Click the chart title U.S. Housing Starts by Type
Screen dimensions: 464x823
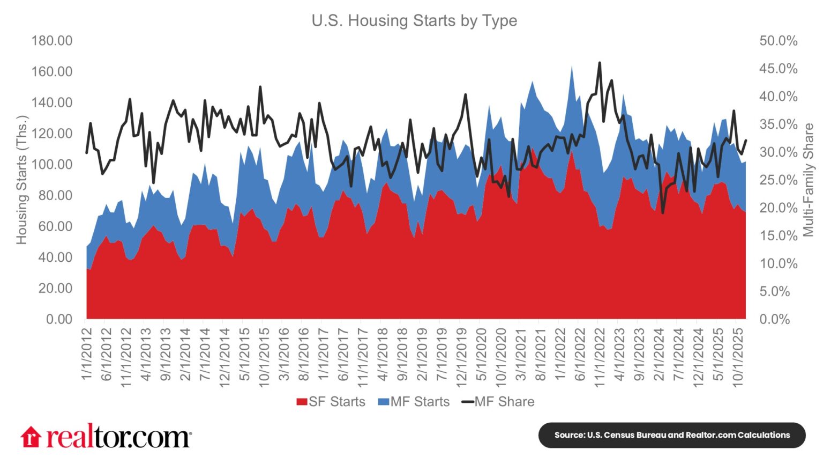(x=414, y=21)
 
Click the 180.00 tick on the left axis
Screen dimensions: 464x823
(x=51, y=41)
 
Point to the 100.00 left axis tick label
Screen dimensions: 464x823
(x=51, y=164)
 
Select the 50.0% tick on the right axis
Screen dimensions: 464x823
(x=778, y=41)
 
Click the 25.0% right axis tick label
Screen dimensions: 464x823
(x=778, y=180)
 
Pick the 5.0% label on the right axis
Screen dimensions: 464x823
(x=778, y=291)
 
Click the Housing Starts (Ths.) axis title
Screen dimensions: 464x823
(x=21, y=180)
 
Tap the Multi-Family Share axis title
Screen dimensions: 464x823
(x=808, y=180)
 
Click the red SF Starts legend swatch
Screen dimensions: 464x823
(x=302, y=402)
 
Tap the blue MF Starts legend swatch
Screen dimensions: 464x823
(x=383, y=402)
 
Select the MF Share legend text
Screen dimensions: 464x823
(x=504, y=402)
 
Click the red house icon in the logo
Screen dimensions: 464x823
(x=31, y=437)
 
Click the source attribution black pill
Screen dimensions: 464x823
(x=672, y=435)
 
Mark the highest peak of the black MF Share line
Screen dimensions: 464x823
(x=599, y=63)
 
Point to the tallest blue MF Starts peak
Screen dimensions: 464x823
(x=572, y=66)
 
